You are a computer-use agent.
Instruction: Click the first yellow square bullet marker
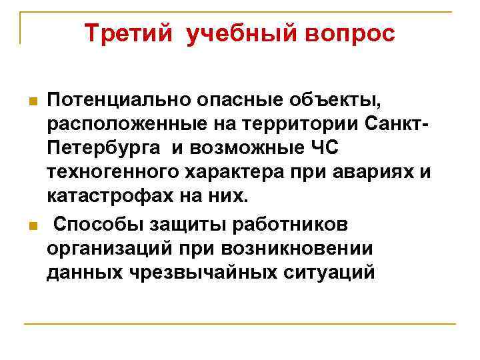point(31,102)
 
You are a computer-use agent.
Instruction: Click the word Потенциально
point(118,101)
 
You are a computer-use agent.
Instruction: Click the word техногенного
point(115,174)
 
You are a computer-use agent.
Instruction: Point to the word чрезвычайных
point(199,273)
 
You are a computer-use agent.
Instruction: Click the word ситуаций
point(330,273)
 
